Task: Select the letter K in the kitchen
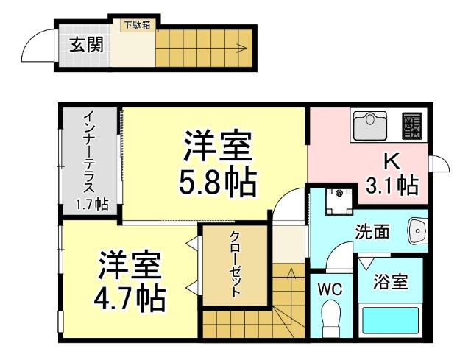click(x=389, y=160)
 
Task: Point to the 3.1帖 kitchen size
click(x=392, y=184)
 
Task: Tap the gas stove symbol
click(x=412, y=126)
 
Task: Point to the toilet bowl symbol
click(x=331, y=320)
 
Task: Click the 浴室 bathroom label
click(x=391, y=281)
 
